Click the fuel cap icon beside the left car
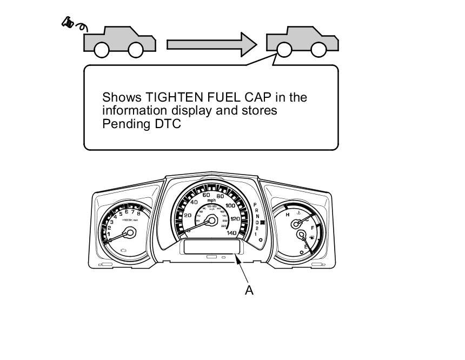click(69, 23)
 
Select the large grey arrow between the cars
click(211, 44)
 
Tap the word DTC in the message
click(169, 124)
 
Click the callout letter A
click(249, 290)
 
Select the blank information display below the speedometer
click(211, 247)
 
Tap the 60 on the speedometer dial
click(206, 195)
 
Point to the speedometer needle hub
click(211, 220)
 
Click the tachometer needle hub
click(129, 233)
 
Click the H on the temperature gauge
click(288, 215)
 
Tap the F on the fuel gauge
click(313, 229)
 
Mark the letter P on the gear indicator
click(255, 205)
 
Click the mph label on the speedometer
click(211, 201)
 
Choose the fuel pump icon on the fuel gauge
click(313, 237)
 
